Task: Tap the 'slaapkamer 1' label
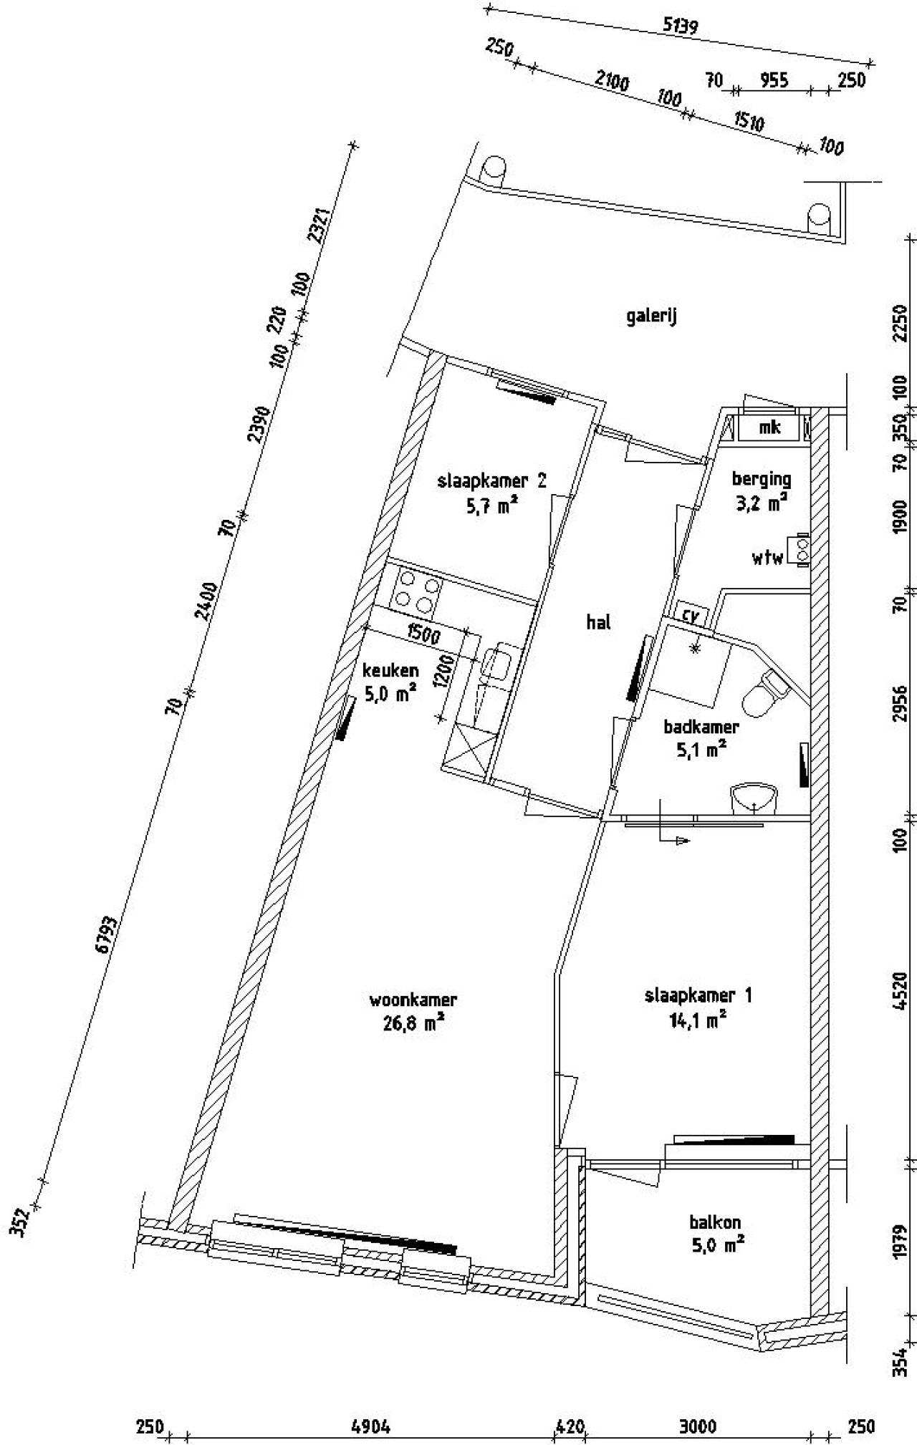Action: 698,995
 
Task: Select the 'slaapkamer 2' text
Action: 491,480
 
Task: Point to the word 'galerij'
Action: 651,316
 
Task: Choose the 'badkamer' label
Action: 701,728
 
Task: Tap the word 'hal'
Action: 598,622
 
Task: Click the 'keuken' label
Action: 390,671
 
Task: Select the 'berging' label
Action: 762,479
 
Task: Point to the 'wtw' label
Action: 767,558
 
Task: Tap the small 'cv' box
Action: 690,615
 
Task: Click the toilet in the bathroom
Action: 764,691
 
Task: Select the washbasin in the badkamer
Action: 754,798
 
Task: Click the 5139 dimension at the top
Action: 680,26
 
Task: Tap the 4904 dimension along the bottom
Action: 371,1426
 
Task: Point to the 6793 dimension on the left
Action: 105,934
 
